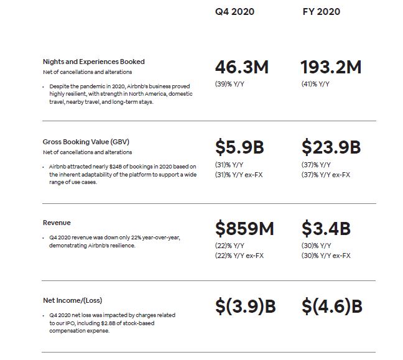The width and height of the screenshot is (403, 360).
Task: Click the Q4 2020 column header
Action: click(234, 12)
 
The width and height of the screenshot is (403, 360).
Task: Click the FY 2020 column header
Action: click(321, 12)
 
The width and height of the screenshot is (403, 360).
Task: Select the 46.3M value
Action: click(242, 67)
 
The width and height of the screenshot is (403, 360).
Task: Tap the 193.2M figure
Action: click(331, 67)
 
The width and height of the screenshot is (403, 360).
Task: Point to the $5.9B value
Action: click(239, 147)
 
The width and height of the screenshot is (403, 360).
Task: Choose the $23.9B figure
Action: click(331, 147)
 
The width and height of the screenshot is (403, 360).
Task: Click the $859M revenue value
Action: click(244, 228)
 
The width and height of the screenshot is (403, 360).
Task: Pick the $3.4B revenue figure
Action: click(326, 228)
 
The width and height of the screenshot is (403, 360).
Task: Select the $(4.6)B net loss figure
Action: click(332, 306)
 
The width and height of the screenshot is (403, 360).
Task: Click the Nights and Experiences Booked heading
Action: click(94, 62)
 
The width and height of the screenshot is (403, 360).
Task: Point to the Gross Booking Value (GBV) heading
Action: click(86, 142)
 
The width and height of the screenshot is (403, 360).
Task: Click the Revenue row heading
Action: click(57, 223)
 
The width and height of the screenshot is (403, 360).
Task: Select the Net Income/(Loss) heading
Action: click(73, 300)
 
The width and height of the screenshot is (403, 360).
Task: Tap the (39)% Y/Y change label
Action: click(229, 84)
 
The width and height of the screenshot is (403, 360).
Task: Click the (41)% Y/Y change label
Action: click(316, 84)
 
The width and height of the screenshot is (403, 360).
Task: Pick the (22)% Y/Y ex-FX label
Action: click(239, 256)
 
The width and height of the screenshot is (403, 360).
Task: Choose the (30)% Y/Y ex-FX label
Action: click(326, 256)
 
